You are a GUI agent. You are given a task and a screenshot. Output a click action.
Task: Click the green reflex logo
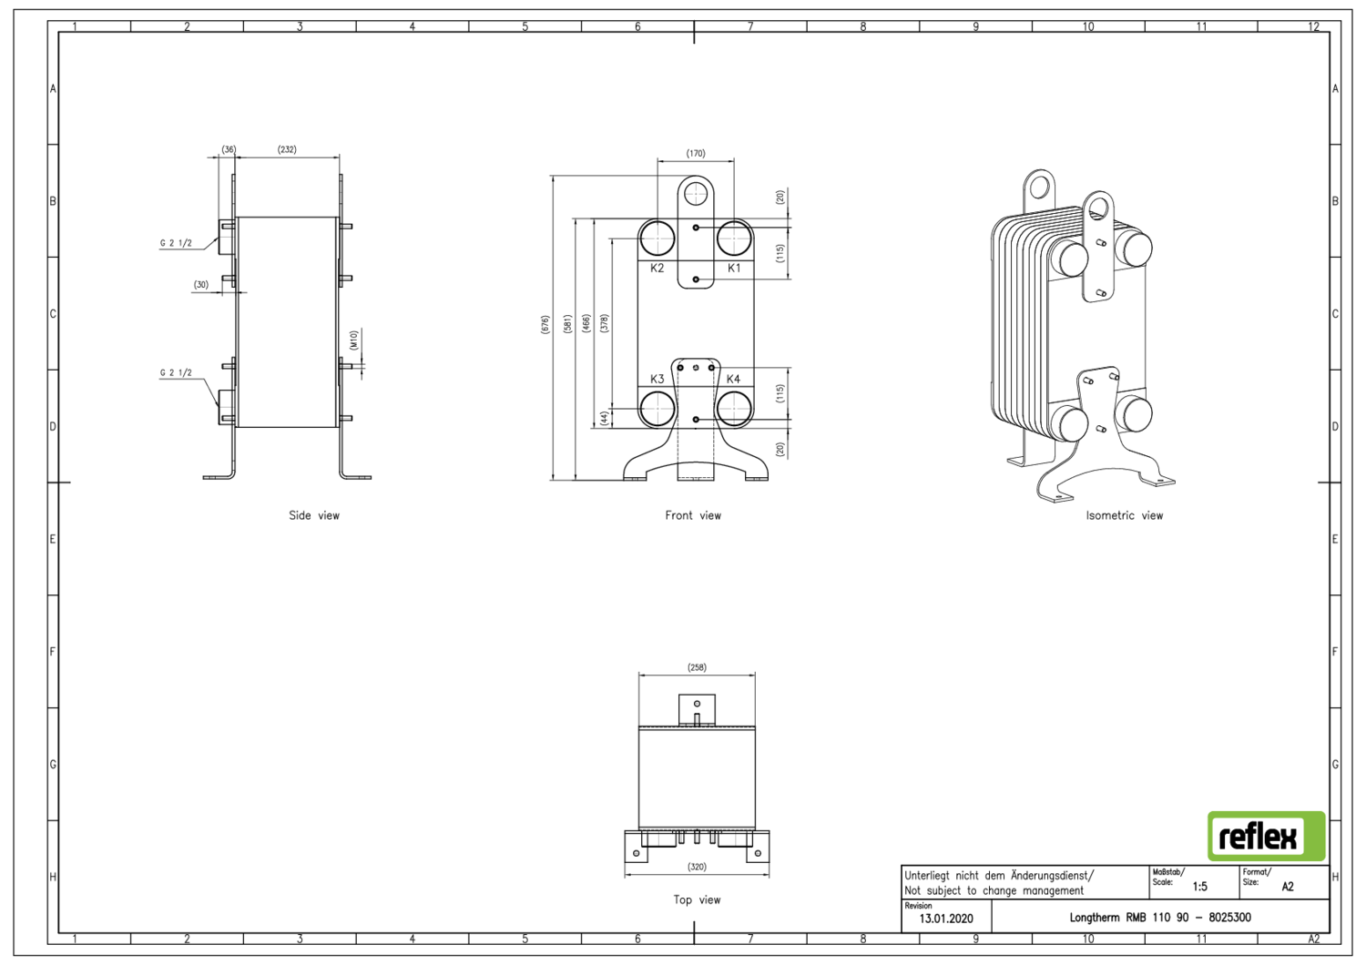pos(1266,836)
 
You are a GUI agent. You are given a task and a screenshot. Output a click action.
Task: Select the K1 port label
pos(734,269)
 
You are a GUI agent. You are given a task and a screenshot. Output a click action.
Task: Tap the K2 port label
pos(658,269)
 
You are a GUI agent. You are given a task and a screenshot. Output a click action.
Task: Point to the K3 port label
pos(658,379)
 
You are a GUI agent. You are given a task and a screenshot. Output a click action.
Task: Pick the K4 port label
pos(733,379)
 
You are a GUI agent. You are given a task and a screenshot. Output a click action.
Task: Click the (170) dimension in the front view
pos(696,154)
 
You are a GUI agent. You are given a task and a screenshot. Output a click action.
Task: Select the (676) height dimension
pos(545,324)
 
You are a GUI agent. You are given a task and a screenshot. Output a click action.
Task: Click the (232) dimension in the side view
pos(287,149)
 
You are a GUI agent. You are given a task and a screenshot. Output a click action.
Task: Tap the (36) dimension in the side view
pos(229,149)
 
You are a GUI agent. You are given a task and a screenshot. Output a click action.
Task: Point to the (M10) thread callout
pos(353,340)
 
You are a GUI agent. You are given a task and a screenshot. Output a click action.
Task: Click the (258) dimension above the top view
pos(697,667)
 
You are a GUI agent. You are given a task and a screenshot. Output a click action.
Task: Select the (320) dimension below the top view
pos(697,867)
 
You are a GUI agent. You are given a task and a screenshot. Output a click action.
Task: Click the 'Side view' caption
pos(314,515)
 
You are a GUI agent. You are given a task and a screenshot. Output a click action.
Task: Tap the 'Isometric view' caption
pos(1124,515)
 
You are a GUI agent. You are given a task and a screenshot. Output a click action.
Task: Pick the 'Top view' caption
pos(697,899)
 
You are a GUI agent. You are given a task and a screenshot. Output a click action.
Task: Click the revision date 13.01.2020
pos(945,919)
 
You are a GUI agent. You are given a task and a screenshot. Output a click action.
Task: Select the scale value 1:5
pos(1199,887)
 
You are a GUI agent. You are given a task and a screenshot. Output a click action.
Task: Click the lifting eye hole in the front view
pos(696,193)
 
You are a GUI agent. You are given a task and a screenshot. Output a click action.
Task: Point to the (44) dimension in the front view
pos(604,418)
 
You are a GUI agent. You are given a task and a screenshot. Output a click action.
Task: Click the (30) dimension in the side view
pos(201,285)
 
